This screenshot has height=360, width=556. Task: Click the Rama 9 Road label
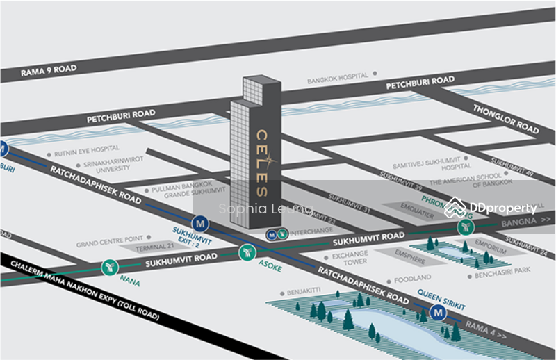coord(48,69)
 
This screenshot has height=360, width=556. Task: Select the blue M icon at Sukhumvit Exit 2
coord(202,224)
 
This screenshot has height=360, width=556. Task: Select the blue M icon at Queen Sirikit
coord(438,313)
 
